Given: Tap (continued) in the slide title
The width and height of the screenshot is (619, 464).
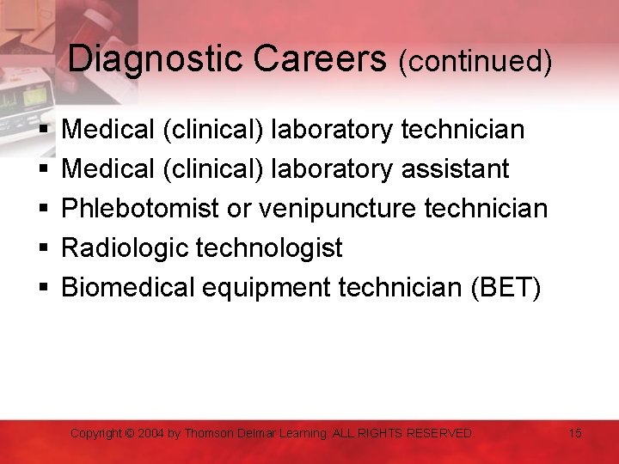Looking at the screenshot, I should [475, 61].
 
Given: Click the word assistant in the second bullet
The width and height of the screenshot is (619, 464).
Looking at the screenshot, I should [456, 169].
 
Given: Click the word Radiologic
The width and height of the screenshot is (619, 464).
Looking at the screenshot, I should [126, 248].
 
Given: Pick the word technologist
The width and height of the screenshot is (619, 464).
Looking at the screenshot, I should [270, 248].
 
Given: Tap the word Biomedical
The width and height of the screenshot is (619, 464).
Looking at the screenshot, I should [129, 288].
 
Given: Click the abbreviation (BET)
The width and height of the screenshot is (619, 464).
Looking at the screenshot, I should [506, 288].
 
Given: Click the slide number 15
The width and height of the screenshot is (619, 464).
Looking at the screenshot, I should [575, 433].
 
